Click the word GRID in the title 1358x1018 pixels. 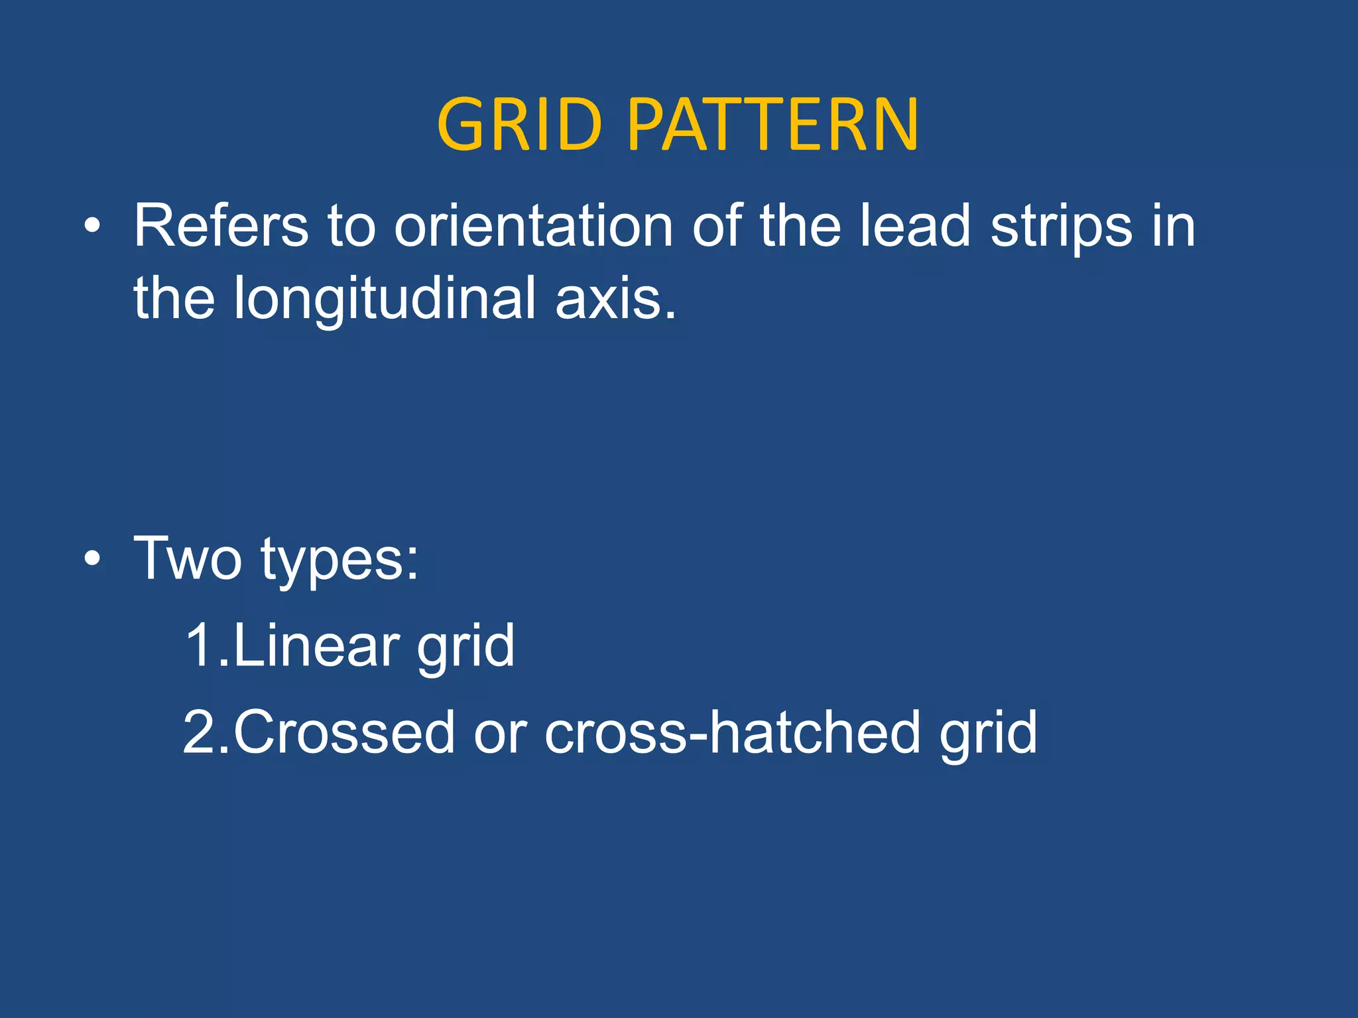[519, 125]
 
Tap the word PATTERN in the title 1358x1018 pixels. [772, 125]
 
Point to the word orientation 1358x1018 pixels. [534, 227]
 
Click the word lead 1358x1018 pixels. [915, 227]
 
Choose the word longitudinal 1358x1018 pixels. [385, 300]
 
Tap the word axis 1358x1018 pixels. [615, 300]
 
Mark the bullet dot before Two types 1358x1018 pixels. [93, 559]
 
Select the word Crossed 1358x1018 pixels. [343, 732]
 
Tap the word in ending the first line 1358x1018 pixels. [1174, 227]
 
